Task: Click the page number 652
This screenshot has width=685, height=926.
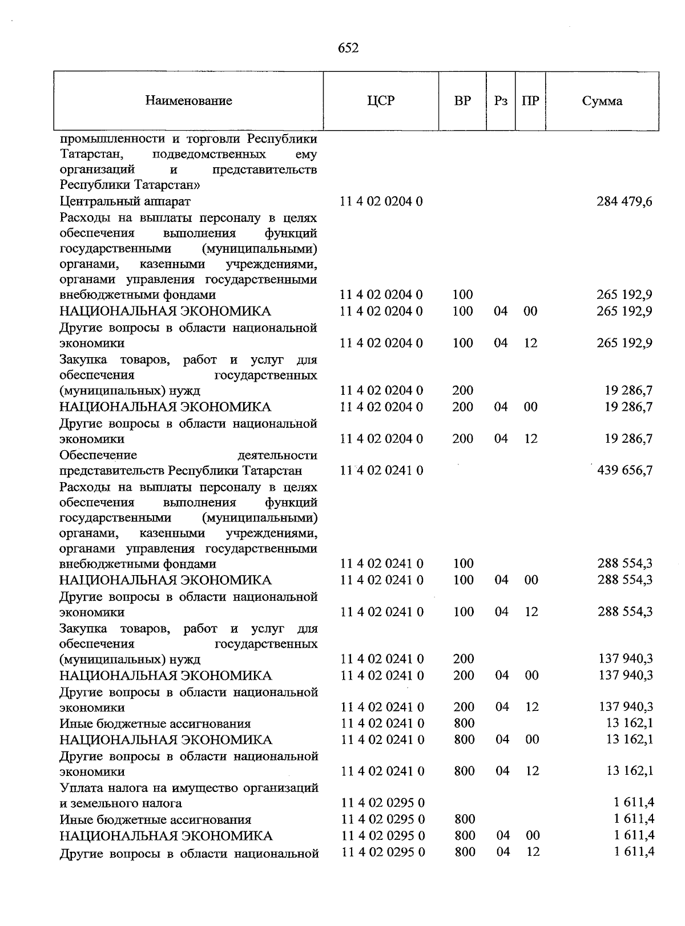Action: (x=348, y=48)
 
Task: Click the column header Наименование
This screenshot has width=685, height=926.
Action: (x=188, y=101)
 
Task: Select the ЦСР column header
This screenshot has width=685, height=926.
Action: (x=381, y=101)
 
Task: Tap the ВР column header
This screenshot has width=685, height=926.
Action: (x=462, y=101)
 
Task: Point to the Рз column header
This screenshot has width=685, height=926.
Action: (x=501, y=101)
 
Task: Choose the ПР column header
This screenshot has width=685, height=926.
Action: (x=530, y=101)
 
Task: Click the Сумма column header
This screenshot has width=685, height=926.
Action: (x=602, y=101)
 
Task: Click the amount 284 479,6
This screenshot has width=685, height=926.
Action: (x=624, y=201)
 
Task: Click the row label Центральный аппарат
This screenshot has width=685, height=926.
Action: (x=125, y=201)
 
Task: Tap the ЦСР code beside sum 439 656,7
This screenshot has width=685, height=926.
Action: (x=382, y=470)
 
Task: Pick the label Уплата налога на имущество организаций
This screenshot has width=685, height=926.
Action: (x=188, y=788)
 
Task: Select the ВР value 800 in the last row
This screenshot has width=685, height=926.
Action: (x=465, y=851)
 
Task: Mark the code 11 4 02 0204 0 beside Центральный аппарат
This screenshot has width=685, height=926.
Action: (x=381, y=201)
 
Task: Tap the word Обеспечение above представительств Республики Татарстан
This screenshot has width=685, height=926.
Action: (x=98, y=455)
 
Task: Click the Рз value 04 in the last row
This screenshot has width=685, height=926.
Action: (x=503, y=851)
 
